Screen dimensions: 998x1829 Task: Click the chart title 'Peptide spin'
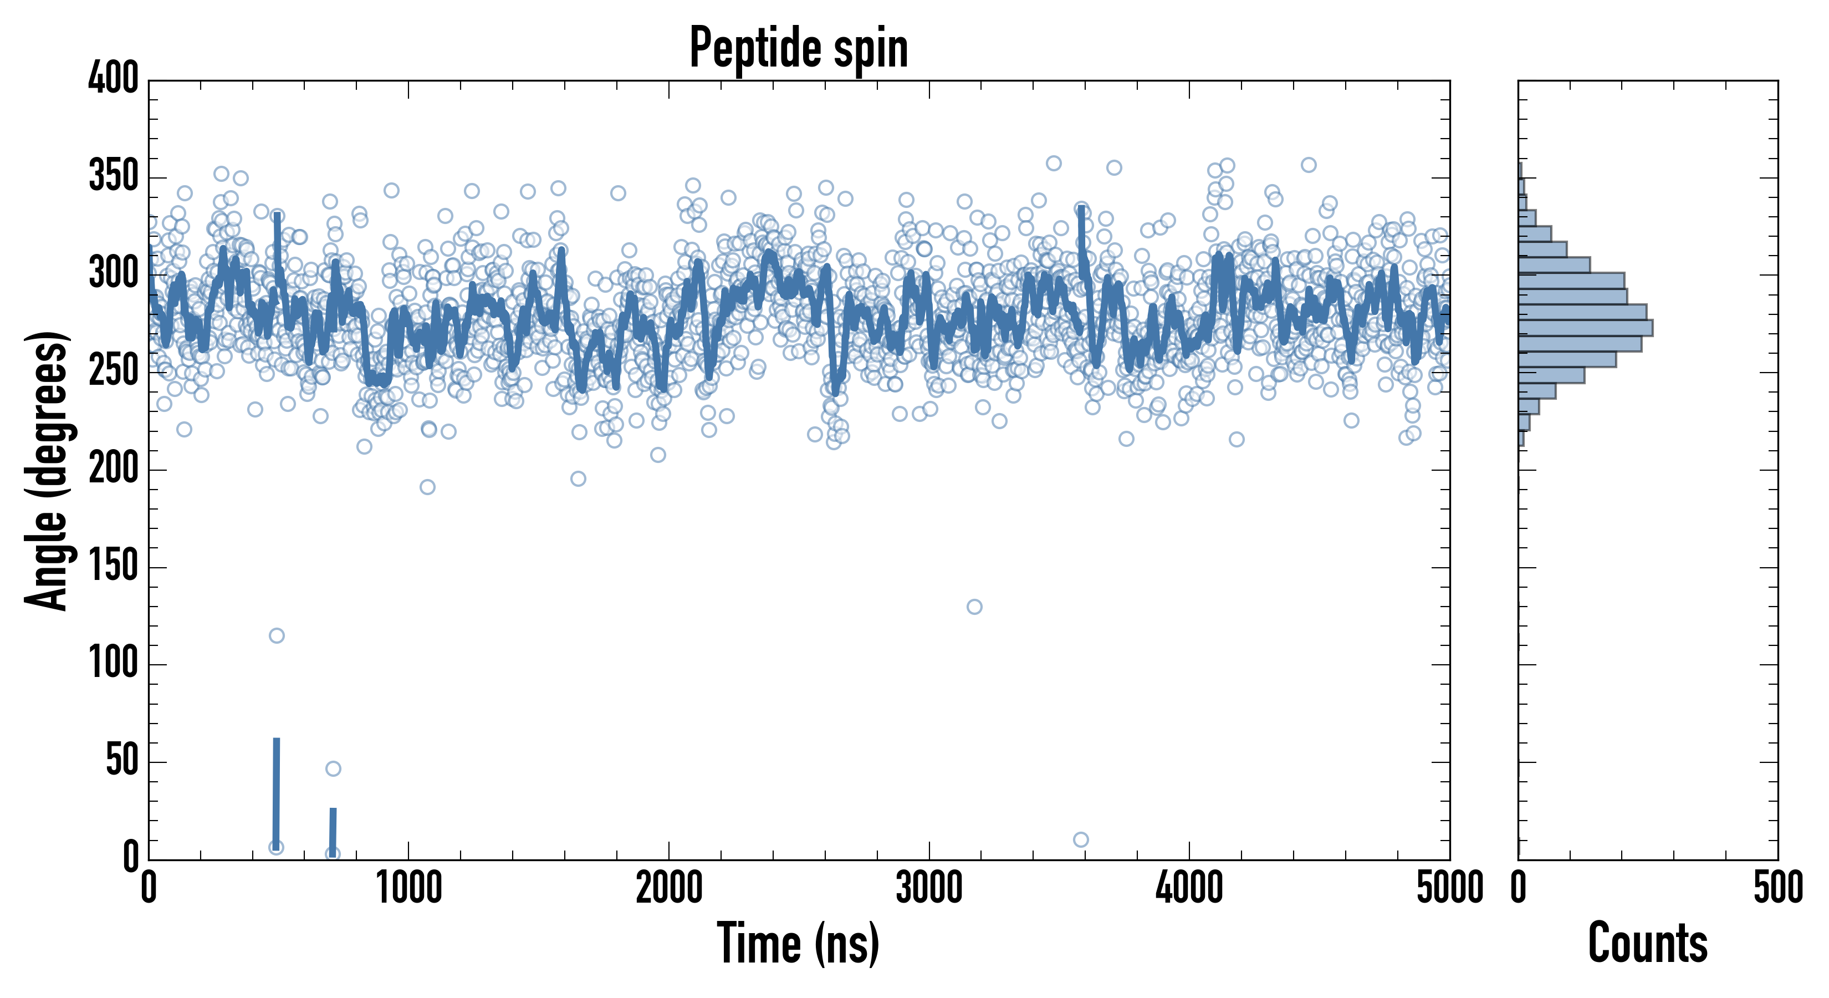(x=799, y=48)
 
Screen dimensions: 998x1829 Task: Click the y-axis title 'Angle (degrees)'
(x=47, y=470)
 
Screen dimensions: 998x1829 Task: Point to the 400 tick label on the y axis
(x=113, y=78)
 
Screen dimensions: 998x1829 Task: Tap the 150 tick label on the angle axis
(x=113, y=566)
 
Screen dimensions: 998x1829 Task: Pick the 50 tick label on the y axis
(x=121, y=761)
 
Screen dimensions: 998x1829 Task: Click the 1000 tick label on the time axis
(x=409, y=888)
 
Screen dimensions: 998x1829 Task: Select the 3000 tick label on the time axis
(x=929, y=888)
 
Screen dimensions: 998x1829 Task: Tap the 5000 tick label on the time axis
(x=1449, y=888)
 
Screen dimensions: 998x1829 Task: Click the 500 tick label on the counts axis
(x=1778, y=888)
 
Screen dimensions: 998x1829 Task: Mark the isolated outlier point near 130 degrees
(x=974, y=607)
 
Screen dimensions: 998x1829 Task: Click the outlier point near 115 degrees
(x=277, y=635)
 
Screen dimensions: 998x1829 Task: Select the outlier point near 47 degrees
(x=333, y=768)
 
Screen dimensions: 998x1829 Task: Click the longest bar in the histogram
(x=1585, y=328)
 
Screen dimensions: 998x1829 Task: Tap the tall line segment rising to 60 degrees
(x=276, y=788)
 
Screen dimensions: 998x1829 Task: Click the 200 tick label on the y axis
(x=113, y=469)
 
